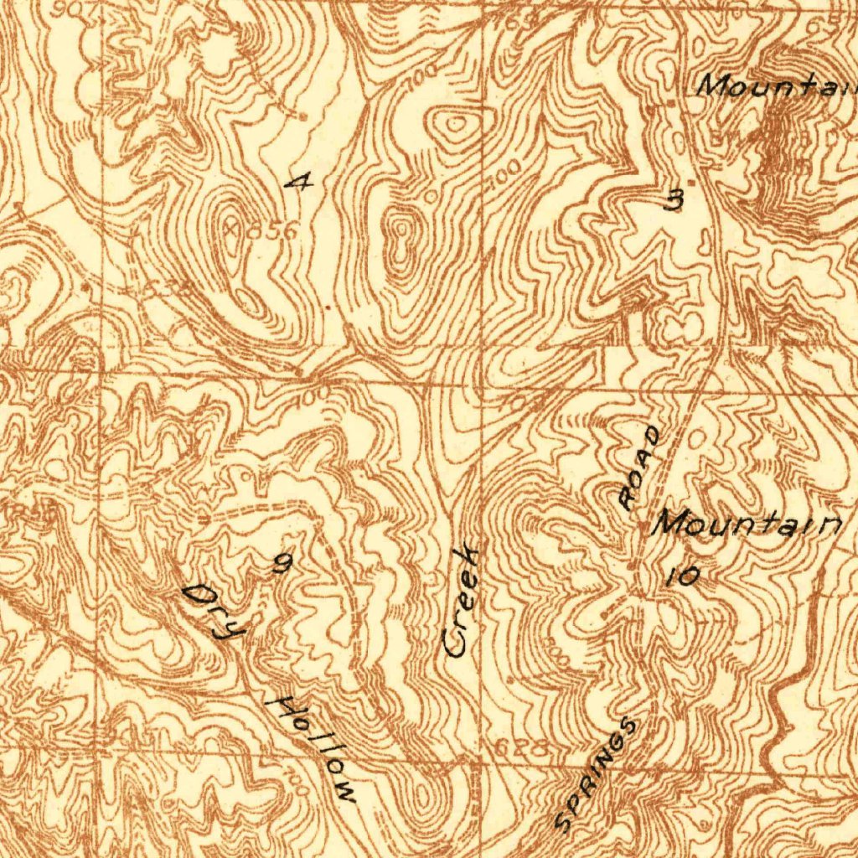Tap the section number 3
pos(674,200)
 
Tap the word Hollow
pos(315,748)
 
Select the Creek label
pos(462,601)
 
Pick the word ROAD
pos(641,467)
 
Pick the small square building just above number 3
pos(690,182)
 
